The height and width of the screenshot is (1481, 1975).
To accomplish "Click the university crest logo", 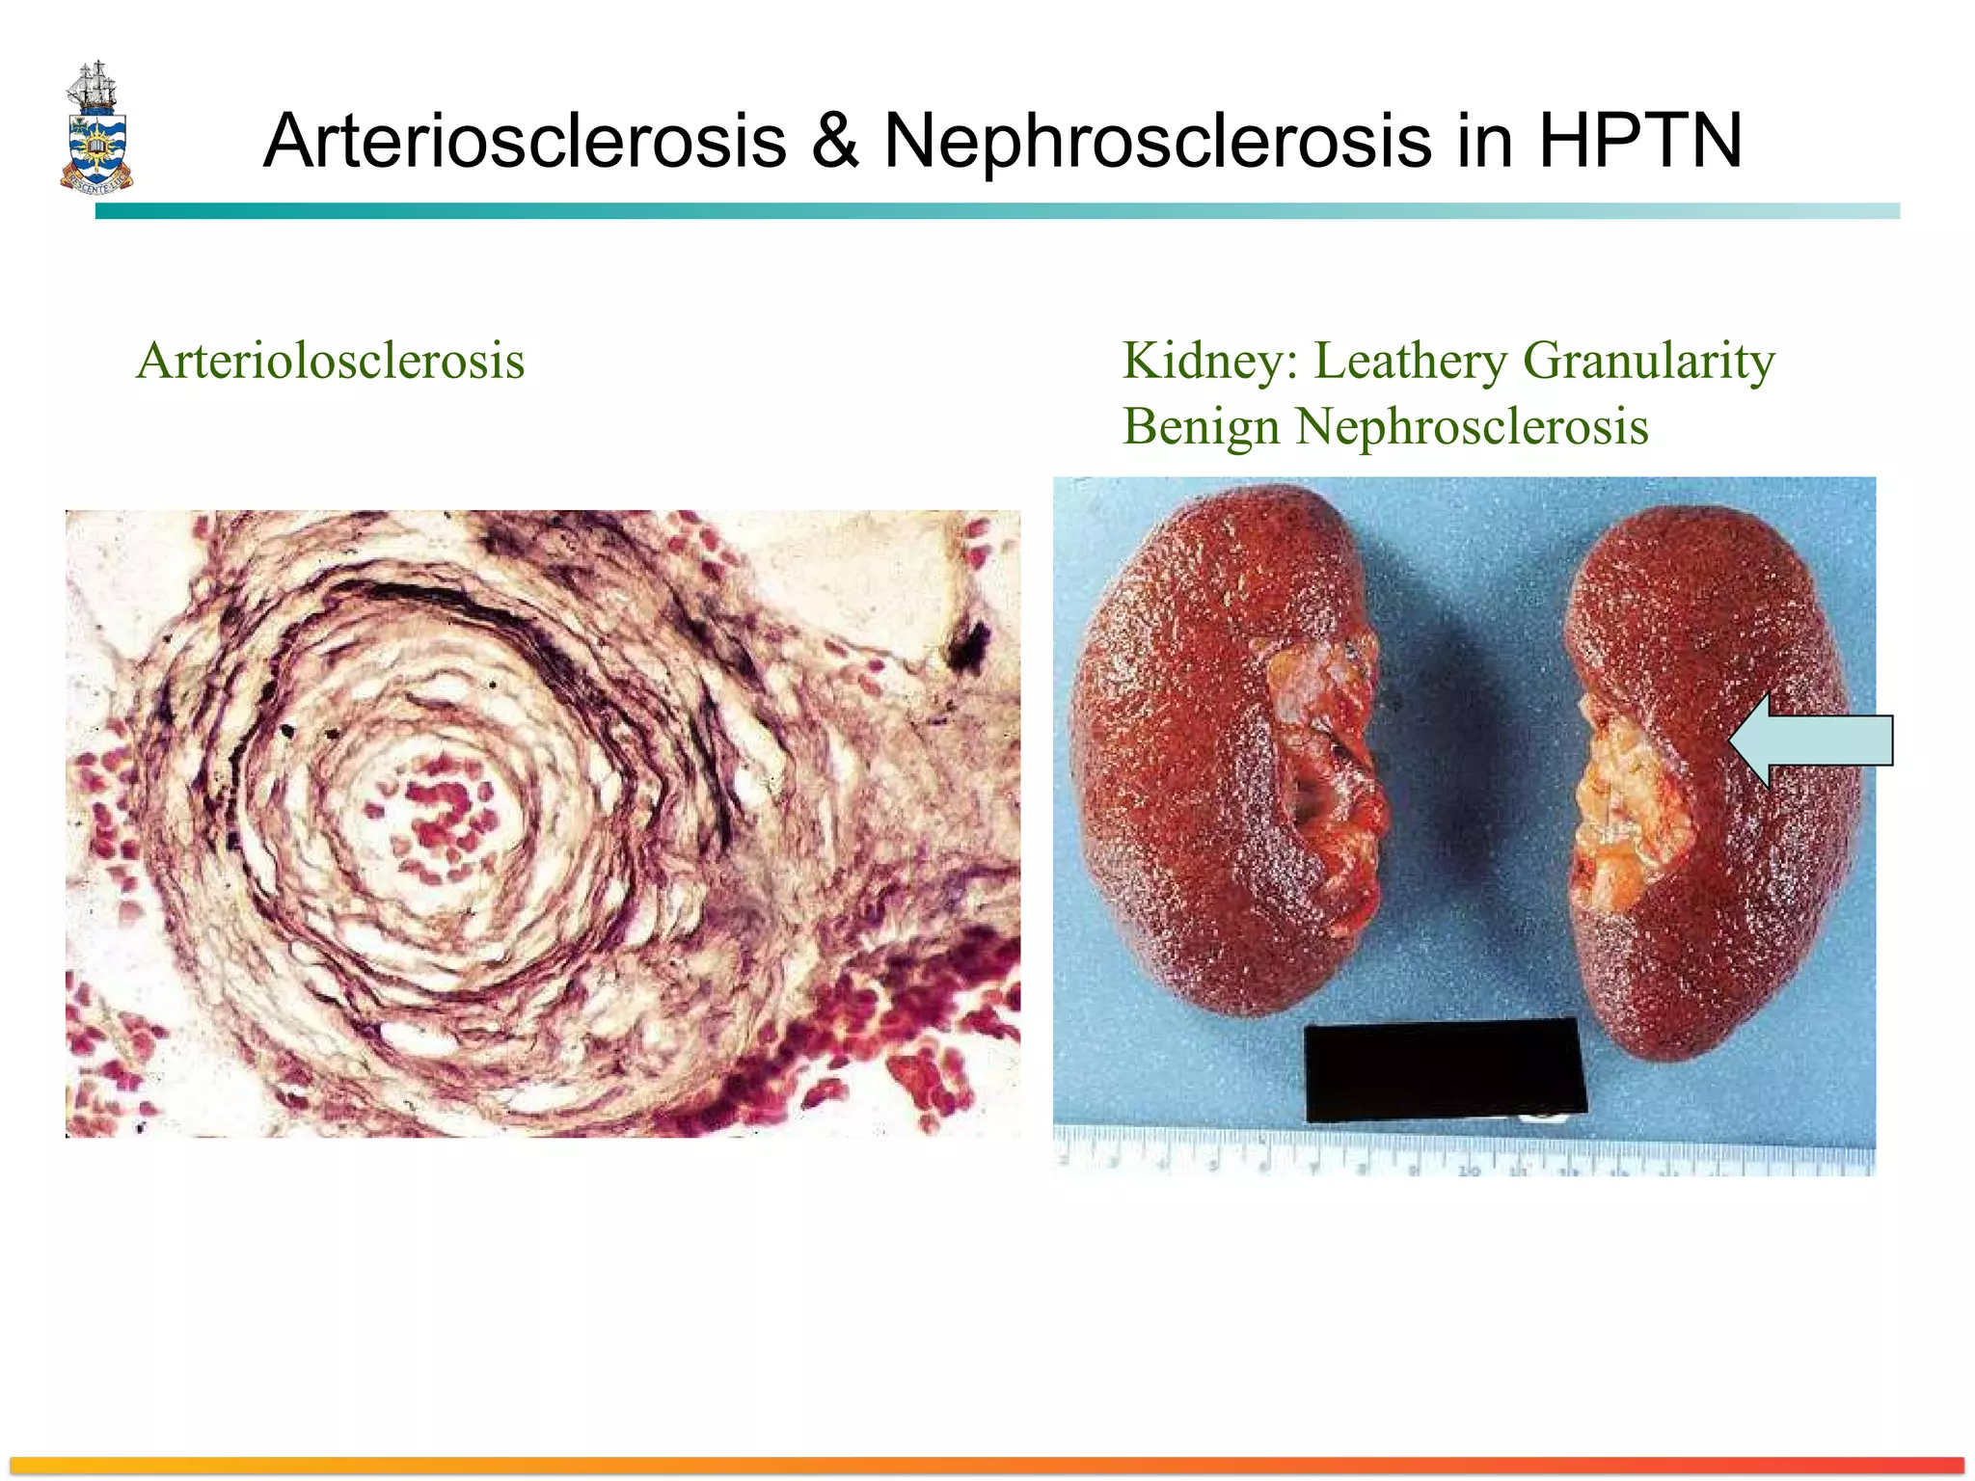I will tap(96, 128).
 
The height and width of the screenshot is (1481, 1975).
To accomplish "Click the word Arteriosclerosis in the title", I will tap(525, 141).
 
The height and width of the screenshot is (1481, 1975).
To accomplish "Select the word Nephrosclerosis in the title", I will tap(1157, 141).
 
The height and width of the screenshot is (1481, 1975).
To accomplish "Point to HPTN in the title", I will tap(1639, 141).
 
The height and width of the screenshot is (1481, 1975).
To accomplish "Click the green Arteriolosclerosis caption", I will tap(331, 362).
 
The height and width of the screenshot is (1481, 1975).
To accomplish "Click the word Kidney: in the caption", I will tap(1209, 362).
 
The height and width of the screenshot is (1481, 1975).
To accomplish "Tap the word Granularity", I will tap(1648, 362).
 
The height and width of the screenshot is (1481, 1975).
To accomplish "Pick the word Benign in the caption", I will tap(1202, 426).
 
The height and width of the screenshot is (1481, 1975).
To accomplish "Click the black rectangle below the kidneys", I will tap(1444, 1070).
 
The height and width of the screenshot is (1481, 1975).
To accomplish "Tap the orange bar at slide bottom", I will tap(987, 1465).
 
